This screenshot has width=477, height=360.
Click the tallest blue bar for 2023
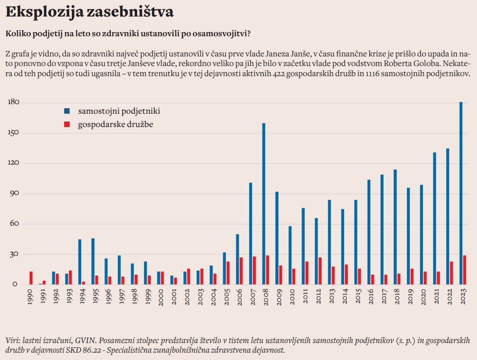click(x=461, y=193)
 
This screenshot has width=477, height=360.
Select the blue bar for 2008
click(x=264, y=204)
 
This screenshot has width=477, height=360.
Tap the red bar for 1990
click(x=31, y=278)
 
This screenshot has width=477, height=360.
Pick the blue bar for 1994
click(x=80, y=262)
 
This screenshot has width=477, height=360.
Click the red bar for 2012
click(x=320, y=271)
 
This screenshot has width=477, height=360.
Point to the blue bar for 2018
click(x=395, y=227)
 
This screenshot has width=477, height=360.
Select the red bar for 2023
click(x=465, y=270)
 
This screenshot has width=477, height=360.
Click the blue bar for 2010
click(x=290, y=255)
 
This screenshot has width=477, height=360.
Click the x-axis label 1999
click(x=148, y=298)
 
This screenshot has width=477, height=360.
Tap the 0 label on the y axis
click(x=15, y=284)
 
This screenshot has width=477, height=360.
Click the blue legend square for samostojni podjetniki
click(x=67, y=111)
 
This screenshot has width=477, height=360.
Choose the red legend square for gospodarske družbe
click(x=67, y=124)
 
